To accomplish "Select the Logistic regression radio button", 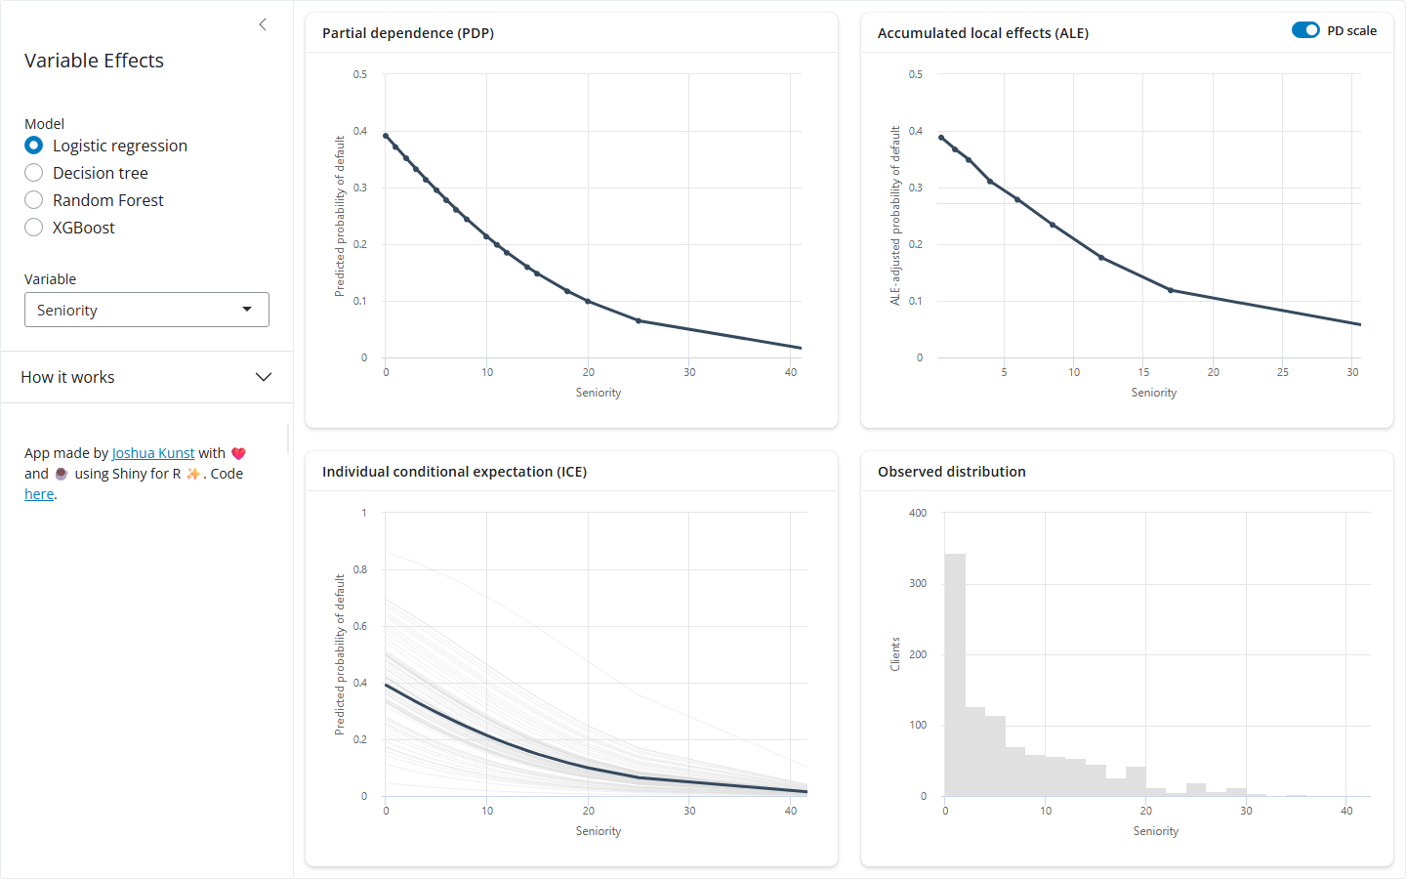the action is coord(34,146).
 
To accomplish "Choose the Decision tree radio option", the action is coord(34,173).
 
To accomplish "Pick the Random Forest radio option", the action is coord(34,200).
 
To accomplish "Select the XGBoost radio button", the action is coord(34,228).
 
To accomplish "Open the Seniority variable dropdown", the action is coord(146,310).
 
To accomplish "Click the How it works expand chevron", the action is coord(264,377).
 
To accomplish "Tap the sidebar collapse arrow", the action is coord(263,24).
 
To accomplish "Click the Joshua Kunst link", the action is coord(153,453).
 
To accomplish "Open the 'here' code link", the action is coord(39,494).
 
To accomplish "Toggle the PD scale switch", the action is coord(1305,30).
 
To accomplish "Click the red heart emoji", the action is coord(238,453).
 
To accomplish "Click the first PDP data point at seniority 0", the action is coord(386,136).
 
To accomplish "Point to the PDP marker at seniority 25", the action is coord(639,320).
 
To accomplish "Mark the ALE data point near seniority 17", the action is coord(1171,290).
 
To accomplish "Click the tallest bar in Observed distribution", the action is coord(955,675).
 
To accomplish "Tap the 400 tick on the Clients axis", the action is coord(918,513).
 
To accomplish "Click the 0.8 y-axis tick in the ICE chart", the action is coord(360,569).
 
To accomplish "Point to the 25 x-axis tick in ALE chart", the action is coord(1282,372).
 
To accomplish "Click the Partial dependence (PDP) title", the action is coord(408,33).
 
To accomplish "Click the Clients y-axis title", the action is coord(895,654).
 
